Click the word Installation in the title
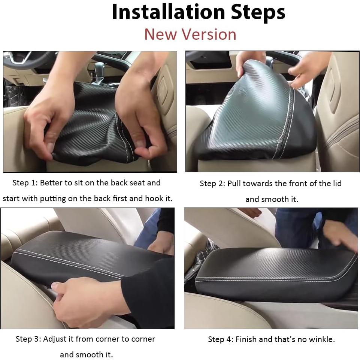[x=169, y=12]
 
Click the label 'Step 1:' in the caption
[x=25, y=183]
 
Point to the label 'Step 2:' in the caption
[x=212, y=184]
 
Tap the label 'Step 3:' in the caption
[x=28, y=339]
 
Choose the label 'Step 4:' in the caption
[x=221, y=339]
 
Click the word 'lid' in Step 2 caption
[x=337, y=183]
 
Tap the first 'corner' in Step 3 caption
[x=108, y=339]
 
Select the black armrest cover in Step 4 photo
[x=273, y=273]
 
